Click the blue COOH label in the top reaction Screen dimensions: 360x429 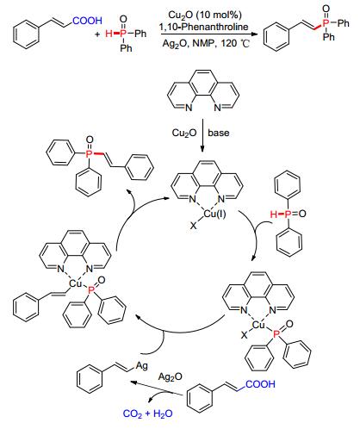click(x=87, y=21)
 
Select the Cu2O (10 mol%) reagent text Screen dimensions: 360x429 click(x=205, y=15)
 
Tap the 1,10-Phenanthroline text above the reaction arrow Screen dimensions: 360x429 click(x=204, y=27)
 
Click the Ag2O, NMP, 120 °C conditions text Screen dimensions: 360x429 click(x=206, y=43)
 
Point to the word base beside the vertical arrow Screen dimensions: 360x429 click(x=219, y=133)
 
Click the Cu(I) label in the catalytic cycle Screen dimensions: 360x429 click(x=214, y=214)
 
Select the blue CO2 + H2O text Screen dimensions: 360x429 click(x=147, y=413)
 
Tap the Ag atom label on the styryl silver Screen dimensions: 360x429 click(x=142, y=366)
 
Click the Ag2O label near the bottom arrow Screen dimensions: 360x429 click(x=171, y=376)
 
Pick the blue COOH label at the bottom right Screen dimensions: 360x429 click(x=260, y=384)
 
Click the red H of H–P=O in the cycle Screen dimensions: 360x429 click(x=274, y=214)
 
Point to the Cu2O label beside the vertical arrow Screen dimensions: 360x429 click(x=184, y=133)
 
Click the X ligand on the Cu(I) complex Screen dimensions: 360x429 click(x=194, y=226)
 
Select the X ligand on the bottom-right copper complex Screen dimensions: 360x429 click(x=245, y=334)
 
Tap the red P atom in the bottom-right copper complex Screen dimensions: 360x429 click(x=276, y=334)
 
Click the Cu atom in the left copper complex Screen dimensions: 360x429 click(x=76, y=284)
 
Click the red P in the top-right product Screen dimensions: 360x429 click(x=326, y=23)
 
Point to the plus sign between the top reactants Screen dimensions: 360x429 click(x=98, y=34)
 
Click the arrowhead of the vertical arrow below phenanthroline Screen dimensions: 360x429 click(x=202, y=149)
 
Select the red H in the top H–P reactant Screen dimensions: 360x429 click(x=109, y=34)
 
